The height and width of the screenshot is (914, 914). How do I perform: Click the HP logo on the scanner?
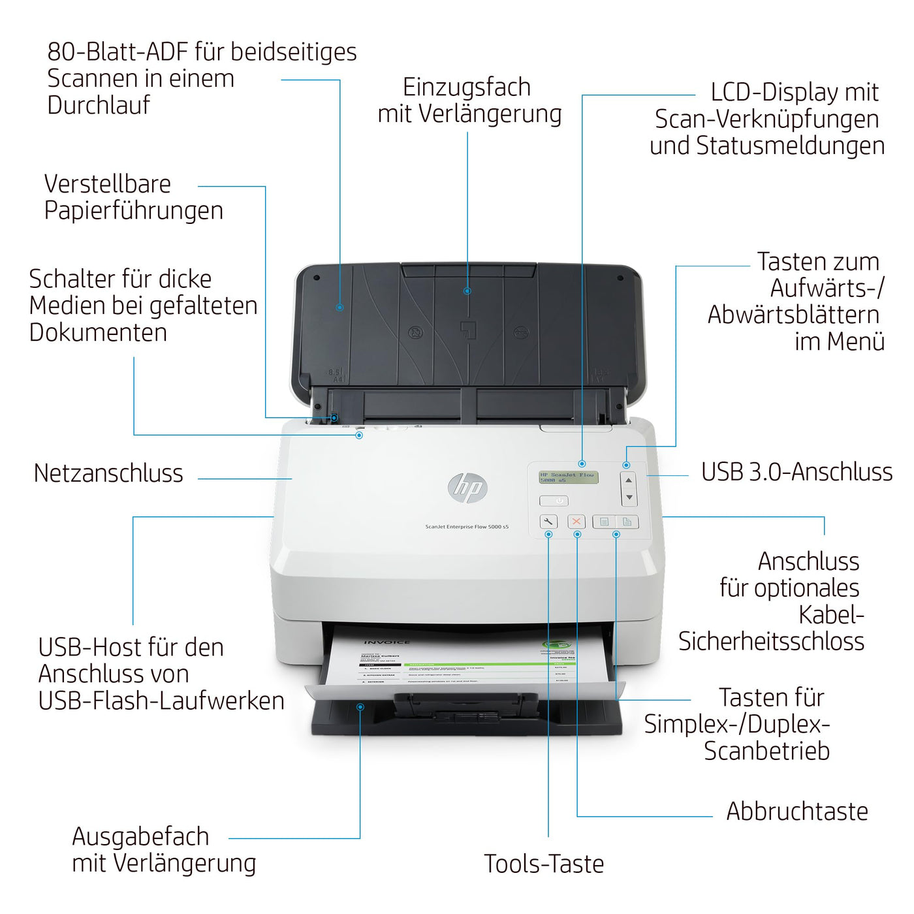coord(467,487)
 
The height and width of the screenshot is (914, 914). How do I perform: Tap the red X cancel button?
coord(576,521)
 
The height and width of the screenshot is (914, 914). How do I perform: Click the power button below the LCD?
coord(554,501)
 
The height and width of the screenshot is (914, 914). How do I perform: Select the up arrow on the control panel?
coord(629,481)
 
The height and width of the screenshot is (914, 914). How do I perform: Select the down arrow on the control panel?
coord(629,497)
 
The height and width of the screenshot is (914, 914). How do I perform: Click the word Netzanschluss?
coord(108,473)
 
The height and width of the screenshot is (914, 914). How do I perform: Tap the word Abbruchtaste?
coord(796,812)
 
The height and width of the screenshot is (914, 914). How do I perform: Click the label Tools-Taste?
coord(544,864)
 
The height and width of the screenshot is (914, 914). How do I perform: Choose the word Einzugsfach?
coord(466,87)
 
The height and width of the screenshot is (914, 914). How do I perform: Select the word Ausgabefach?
coord(140,836)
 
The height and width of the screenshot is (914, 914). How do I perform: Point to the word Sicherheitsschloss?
coord(771,641)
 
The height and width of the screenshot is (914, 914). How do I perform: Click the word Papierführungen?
coord(134,210)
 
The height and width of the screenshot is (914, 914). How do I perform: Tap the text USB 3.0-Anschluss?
coord(796,472)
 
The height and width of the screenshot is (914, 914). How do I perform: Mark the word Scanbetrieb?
coord(766,751)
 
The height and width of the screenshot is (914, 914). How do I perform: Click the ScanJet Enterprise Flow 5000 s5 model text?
coord(467,527)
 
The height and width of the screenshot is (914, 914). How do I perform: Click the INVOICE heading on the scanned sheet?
coord(386,642)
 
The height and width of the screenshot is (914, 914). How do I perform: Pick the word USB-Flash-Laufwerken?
coord(161,701)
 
